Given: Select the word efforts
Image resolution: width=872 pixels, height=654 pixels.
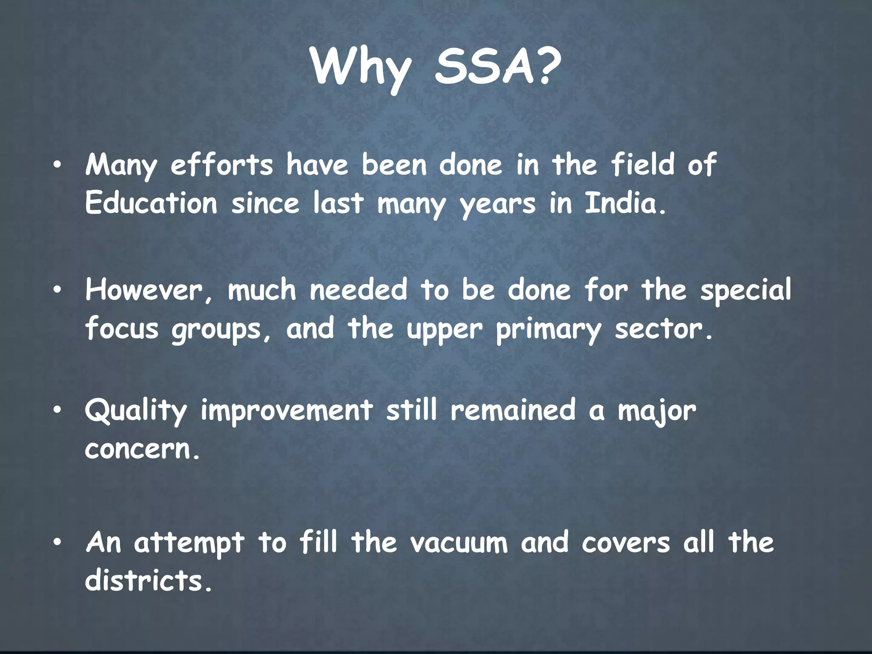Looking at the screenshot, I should [x=221, y=165].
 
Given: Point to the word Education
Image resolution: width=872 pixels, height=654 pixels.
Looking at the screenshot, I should [x=151, y=203].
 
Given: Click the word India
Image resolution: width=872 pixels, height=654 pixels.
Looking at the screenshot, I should [x=624, y=203].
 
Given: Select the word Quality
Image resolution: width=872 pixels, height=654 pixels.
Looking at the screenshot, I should [x=136, y=411].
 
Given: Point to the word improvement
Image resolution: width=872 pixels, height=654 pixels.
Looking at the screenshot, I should [x=287, y=411].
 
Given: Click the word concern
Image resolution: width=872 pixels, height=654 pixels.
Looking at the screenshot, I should [x=142, y=449].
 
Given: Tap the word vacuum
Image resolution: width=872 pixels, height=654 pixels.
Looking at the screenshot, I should [x=459, y=543].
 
